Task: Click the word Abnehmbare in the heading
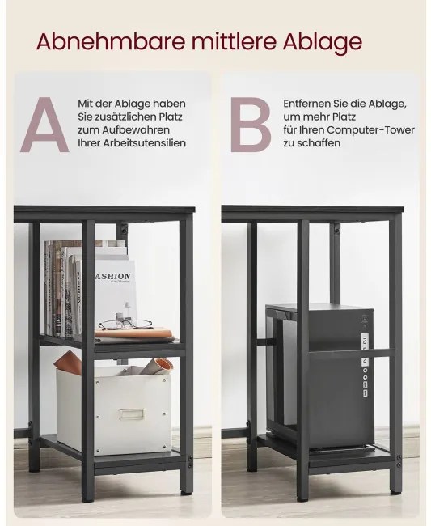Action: [x=111, y=41]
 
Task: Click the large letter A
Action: [x=45, y=125]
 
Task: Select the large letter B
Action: [x=251, y=125]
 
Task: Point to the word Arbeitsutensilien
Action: [x=145, y=143]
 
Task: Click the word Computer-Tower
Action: [x=370, y=130]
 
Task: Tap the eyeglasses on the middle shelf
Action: [x=125, y=324]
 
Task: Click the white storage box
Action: [x=114, y=410]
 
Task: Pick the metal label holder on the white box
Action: [x=131, y=414]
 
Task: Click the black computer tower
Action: [x=319, y=375]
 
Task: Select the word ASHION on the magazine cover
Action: [x=113, y=276]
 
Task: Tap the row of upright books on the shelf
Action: [x=63, y=288]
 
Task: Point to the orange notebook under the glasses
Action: [x=133, y=333]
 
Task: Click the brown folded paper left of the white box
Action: [x=68, y=363]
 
